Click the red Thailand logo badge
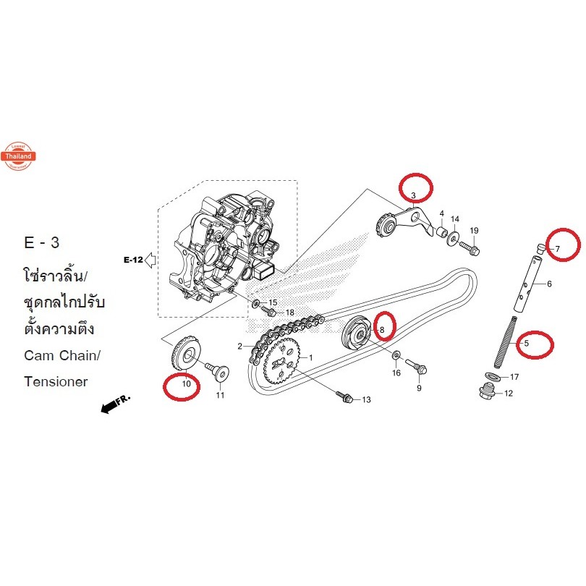18,155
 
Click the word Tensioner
55,381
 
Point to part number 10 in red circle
186,384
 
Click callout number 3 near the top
412,195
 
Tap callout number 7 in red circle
557,249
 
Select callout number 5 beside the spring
526,344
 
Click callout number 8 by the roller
383,329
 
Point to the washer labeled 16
396,357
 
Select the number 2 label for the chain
240,347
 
